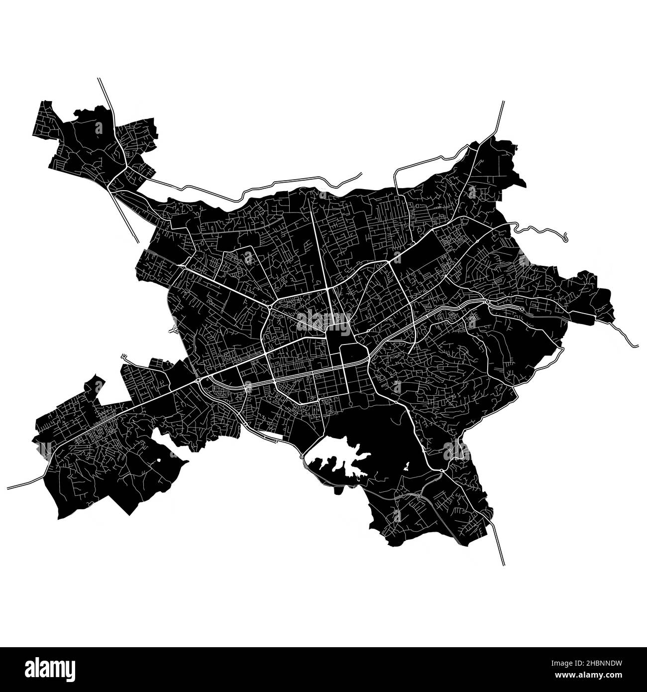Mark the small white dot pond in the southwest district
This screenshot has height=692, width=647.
pyautogui.click(x=158, y=461)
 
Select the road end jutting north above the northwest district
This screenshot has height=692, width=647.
pyautogui.click(x=99, y=79)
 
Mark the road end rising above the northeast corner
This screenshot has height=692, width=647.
pyautogui.click(x=503, y=103)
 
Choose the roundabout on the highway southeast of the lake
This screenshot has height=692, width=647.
pyautogui.click(x=441, y=470)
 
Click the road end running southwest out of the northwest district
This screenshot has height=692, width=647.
pyautogui.click(x=137, y=241)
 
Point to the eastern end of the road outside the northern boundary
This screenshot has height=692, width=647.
pyautogui.click(x=360, y=174)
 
